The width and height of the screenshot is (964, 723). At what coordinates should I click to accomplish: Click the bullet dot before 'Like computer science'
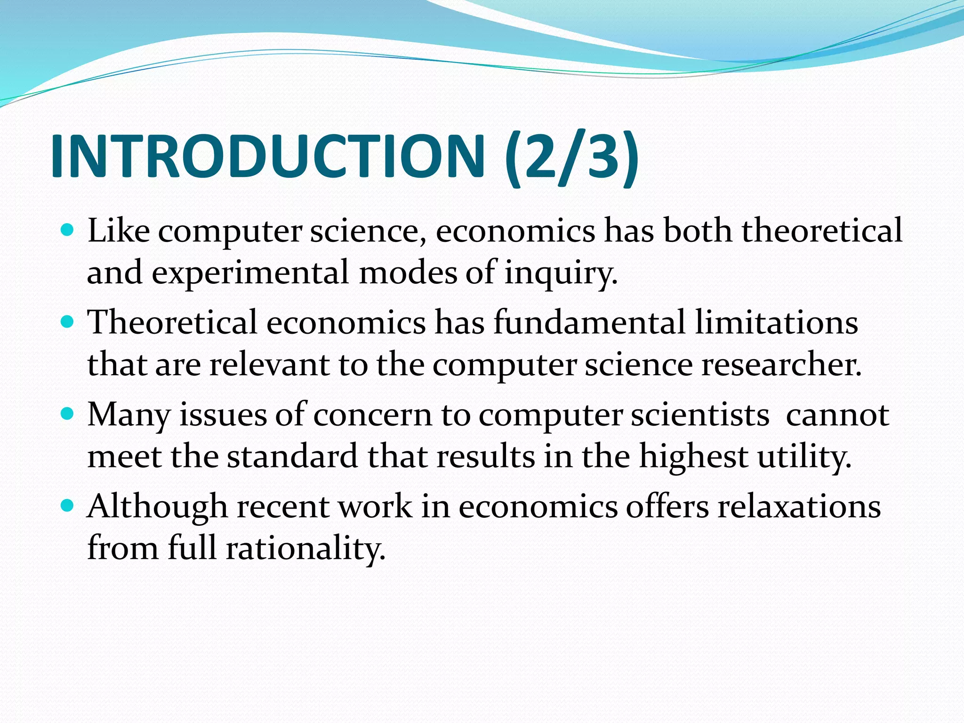[68, 231]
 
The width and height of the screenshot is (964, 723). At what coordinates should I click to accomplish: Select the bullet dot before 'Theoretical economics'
[68, 322]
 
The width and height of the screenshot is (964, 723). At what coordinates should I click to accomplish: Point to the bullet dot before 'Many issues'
[68, 414]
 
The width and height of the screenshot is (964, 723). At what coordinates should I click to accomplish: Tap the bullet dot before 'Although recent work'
[68, 506]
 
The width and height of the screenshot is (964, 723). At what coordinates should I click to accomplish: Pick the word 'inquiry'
[560, 273]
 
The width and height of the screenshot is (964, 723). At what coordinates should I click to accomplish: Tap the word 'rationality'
[305, 548]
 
